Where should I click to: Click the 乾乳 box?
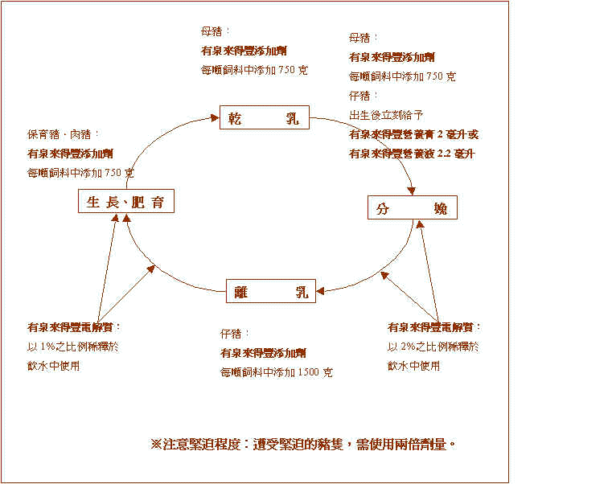[264, 118]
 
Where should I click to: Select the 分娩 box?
[412, 208]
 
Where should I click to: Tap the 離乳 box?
[271, 291]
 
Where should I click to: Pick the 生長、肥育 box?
[125, 202]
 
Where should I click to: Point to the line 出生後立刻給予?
[386, 114]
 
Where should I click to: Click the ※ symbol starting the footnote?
[156, 444]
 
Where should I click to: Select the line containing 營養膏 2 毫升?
[413, 133]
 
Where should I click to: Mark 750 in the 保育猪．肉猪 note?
[113, 173]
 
